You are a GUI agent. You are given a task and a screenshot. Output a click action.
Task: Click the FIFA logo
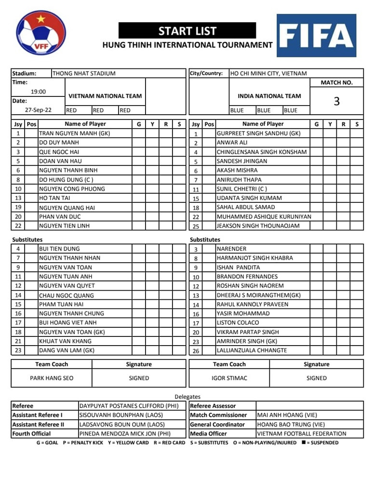click(x=316, y=35)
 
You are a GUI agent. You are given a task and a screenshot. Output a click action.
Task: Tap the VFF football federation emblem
click(x=40, y=33)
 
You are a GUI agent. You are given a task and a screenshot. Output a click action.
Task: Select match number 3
click(x=336, y=101)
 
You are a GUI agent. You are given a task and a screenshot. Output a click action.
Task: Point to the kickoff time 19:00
click(x=38, y=92)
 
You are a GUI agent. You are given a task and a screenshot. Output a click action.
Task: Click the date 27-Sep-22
click(x=38, y=110)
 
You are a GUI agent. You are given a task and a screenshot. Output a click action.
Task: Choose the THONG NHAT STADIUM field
click(x=84, y=74)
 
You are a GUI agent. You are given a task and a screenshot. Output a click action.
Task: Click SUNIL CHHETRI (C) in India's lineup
click(x=241, y=189)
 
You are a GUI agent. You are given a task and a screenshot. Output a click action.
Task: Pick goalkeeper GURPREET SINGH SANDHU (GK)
click(x=258, y=134)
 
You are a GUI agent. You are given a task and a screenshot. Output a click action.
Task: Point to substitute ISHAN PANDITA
click(x=238, y=268)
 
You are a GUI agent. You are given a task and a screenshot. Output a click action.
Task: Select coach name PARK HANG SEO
click(x=52, y=378)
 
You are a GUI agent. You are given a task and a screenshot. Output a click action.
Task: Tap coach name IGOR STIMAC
click(x=229, y=378)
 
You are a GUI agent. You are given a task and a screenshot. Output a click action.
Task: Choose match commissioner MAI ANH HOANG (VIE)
click(x=287, y=415)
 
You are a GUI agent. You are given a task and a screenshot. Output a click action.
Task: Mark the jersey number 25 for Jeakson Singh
click(x=196, y=226)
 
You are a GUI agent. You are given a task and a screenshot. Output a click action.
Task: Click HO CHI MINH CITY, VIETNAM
click(x=268, y=74)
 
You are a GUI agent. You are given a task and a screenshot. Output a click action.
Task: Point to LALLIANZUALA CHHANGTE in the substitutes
click(x=252, y=350)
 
